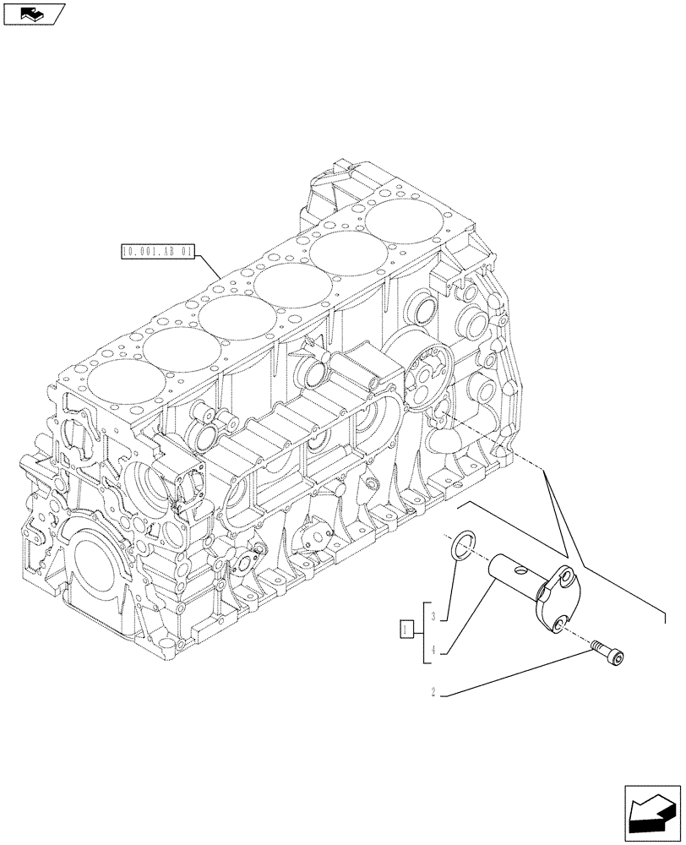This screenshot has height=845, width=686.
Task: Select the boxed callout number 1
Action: pyautogui.click(x=406, y=630)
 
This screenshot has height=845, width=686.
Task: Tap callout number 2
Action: pyautogui.click(x=433, y=694)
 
